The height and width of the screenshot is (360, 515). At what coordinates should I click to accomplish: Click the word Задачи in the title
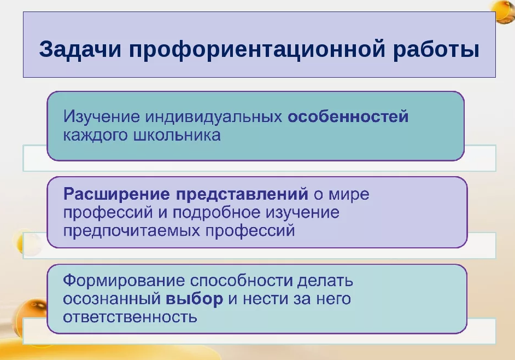[x=80, y=50]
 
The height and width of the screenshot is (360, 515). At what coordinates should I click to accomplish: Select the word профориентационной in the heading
[x=257, y=50]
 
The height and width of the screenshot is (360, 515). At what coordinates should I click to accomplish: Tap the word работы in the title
[x=436, y=50]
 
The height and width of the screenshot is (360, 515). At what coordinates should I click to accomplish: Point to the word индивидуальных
[x=213, y=117]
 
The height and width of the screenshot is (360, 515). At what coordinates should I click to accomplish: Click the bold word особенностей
[x=348, y=117]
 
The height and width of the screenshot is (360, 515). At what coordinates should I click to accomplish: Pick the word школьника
[x=177, y=135]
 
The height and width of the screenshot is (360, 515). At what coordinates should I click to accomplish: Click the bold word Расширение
[x=116, y=194]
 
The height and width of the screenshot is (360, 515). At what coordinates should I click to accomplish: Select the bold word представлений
[x=242, y=194]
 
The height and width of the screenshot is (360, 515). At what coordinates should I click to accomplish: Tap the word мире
[x=349, y=194]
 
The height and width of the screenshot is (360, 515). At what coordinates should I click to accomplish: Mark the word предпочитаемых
[x=132, y=230]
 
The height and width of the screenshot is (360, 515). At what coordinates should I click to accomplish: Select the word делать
[x=325, y=281]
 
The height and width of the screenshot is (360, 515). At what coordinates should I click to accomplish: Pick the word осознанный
[x=112, y=299]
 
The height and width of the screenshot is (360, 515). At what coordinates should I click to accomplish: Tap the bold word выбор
[x=195, y=299]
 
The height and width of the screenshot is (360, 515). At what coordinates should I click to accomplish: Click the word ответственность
[x=130, y=317]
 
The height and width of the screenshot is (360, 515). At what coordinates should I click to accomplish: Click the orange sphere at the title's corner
[x=502, y=12]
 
